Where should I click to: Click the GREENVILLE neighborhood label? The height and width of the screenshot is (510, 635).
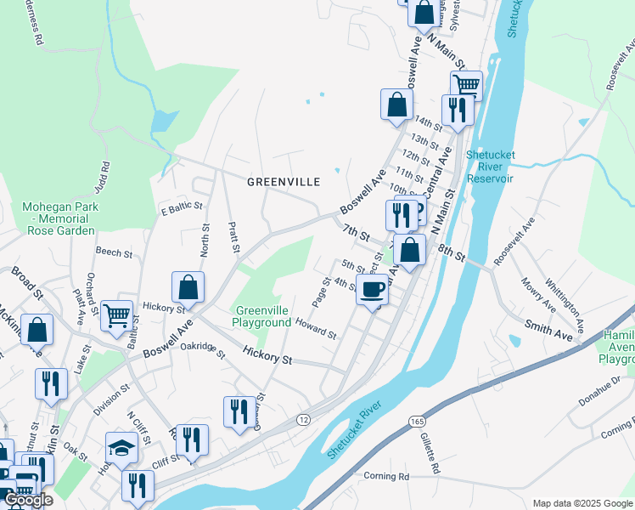coord(284,182)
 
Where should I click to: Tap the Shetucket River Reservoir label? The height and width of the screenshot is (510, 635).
coord(490,167)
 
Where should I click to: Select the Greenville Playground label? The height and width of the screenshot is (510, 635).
coord(262,316)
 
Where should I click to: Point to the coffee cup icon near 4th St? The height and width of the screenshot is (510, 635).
coord(372,291)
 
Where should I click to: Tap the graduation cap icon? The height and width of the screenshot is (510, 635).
coord(121,448)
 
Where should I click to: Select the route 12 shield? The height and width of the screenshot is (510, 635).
coord(303,420)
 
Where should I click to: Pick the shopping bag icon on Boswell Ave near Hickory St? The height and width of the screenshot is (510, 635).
coord(188,288)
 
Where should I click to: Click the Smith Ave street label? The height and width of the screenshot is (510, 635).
coord(548,329)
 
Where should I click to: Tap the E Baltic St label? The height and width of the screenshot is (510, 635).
coord(182,206)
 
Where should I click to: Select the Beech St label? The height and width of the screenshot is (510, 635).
coord(114,252)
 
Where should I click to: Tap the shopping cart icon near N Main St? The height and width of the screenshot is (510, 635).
coord(465,85)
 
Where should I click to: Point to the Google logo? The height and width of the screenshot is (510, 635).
coord(29,500)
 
